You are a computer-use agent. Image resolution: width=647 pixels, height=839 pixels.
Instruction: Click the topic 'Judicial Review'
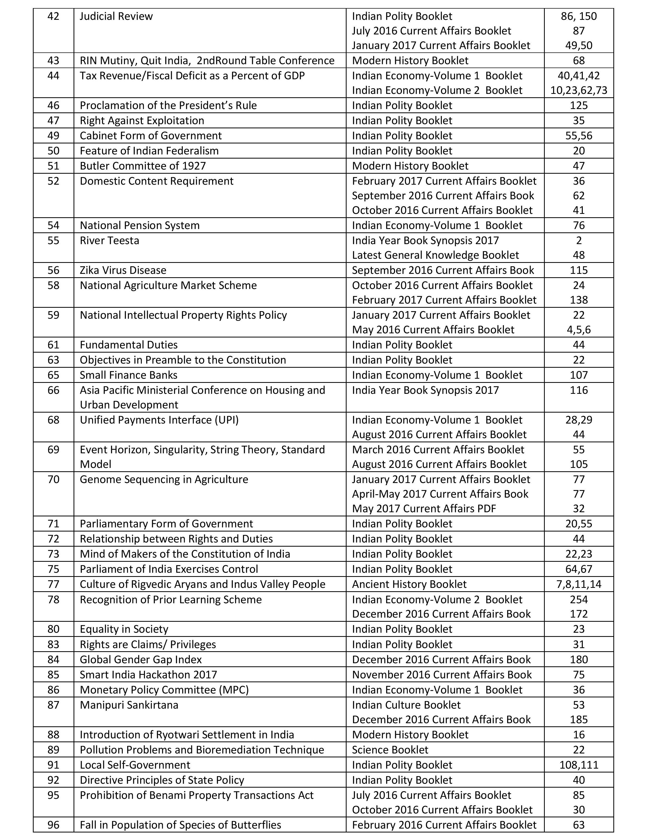[116, 16]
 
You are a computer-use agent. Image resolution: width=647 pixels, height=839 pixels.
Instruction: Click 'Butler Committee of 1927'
[143, 166]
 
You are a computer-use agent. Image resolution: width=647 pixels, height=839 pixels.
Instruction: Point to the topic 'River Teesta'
[110, 240]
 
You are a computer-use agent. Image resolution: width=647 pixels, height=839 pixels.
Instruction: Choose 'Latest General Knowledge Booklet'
[435, 255]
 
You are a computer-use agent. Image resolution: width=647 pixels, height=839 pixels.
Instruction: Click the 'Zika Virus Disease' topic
[123, 270]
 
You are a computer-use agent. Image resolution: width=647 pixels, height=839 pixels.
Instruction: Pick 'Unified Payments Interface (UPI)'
[159, 420]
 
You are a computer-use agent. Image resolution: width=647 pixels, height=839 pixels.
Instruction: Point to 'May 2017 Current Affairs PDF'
[424, 509]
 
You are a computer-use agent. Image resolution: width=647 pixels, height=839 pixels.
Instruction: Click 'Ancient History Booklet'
[409, 584]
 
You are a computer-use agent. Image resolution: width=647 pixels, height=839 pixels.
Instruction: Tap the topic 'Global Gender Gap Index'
[141, 660]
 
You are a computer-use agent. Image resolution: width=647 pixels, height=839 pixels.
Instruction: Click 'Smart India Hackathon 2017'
[148, 675]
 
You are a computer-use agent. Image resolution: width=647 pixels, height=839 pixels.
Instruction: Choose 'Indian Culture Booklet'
[406, 705]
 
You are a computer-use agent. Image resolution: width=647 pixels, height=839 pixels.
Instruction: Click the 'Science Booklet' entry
[390, 750]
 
